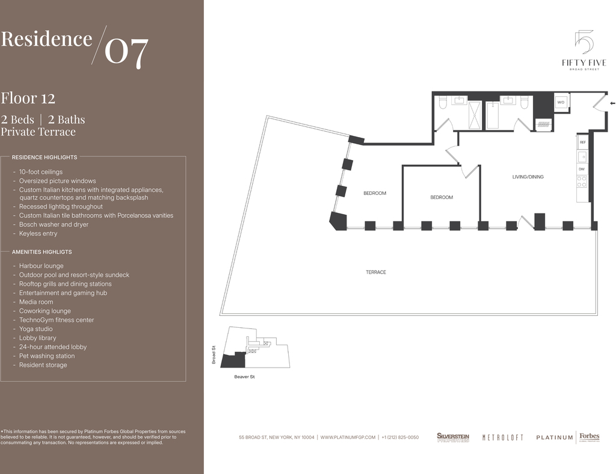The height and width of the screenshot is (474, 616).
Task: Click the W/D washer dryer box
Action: click(x=561, y=102)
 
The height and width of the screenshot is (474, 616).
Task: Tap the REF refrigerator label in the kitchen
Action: click(x=582, y=142)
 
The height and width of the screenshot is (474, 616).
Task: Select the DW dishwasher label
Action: click(x=582, y=169)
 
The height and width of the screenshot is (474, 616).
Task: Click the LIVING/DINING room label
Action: click(x=528, y=177)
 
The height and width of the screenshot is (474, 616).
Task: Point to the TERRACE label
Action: click(x=376, y=272)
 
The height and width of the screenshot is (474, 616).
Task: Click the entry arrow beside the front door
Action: click(x=612, y=103)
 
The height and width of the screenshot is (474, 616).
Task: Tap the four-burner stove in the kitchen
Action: click(x=582, y=182)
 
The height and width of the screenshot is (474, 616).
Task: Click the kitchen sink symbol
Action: click(x=582, y=156)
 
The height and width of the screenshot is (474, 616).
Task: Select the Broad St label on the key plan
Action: click(x=214, y=355)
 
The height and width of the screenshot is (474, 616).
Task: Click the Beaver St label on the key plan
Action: click(x=244, y=377)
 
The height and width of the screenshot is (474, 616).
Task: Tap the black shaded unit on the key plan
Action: click(x=233, y=360)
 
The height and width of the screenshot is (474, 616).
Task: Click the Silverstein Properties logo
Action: click(x=453, y=437)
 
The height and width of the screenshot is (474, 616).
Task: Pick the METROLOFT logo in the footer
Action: click(x=502, y=437)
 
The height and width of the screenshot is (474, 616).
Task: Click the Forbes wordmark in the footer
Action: click(x=590, y=437)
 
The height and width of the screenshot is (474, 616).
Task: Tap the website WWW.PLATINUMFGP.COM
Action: click(x=348, y=437)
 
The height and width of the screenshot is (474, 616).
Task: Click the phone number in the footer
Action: click(x=400, y=437)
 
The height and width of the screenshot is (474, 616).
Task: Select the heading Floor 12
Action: click(x=28, y=98)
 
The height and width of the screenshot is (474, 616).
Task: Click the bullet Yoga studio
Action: click(x=35, y=329)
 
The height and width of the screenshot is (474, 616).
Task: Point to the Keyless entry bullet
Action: click(x=38, y=233)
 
